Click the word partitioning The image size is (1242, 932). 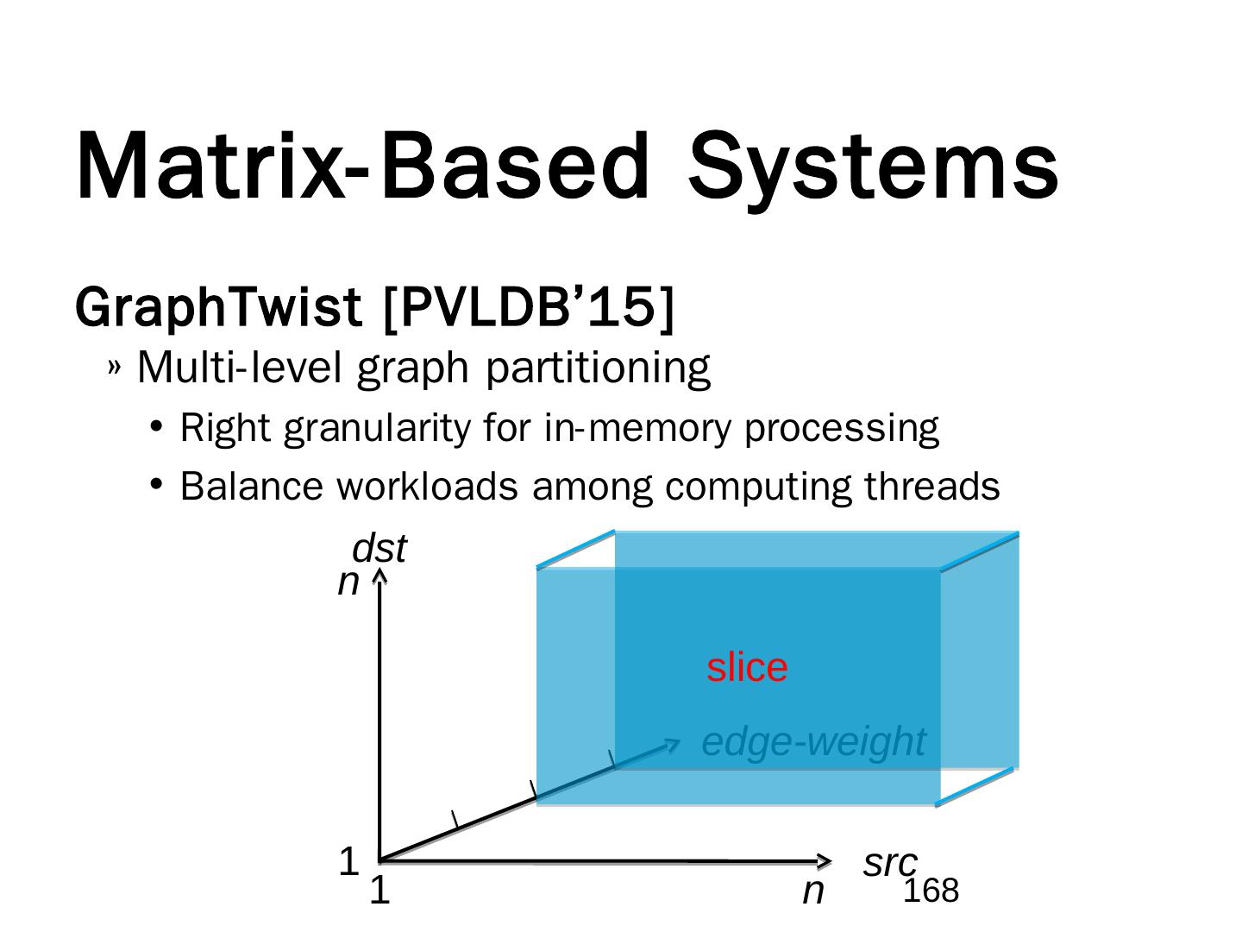(x=598, y=368)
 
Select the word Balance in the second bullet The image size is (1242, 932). (x=251, y=487)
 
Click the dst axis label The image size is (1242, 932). (x=379, y=549)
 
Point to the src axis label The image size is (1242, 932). (x=889, y=863)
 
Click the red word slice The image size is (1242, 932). (x=747, y=668)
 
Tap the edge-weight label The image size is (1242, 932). (x=812, y=741)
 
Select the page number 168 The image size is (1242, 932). (x=931, y=891)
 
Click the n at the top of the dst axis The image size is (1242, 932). (x=348, y=582)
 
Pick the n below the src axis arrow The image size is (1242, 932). (x=812, y=891)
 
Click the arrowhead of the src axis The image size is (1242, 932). (x=825, y=860)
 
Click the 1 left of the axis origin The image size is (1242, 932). (x=348, y=861)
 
